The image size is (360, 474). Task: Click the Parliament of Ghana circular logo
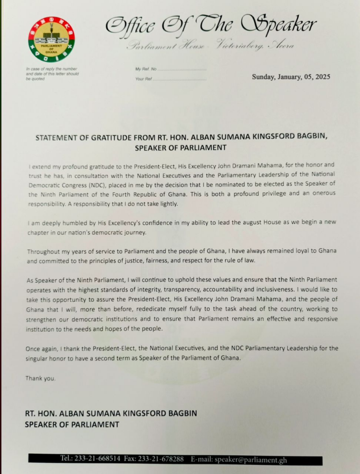52,39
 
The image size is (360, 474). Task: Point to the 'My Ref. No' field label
146,69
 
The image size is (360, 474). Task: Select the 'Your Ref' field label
144,79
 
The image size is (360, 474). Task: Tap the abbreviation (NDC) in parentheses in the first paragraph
94,184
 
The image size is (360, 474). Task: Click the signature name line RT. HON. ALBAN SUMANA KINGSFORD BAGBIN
111,414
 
